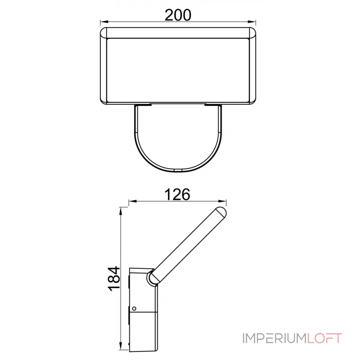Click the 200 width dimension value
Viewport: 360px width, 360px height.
pos(178,15)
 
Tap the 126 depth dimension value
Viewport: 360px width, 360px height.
pos(177,194)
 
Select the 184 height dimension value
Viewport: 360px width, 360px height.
pos(114,279)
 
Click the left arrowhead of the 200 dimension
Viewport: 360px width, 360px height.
pos(104,22)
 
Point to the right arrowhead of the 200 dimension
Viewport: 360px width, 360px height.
pos(252,22)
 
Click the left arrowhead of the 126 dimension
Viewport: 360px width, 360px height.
pos(133,201)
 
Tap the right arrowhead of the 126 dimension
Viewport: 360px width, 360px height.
pos(222,201)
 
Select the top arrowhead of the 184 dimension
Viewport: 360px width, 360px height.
pos(120,211)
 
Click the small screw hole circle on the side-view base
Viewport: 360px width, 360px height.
pos(134,309)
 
